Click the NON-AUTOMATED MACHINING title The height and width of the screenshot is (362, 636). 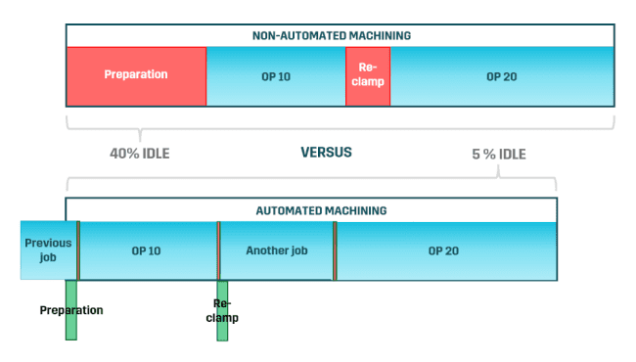point(340,35)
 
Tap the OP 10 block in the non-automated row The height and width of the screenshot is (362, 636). point(275,76)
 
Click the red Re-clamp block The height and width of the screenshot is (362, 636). point(368,76)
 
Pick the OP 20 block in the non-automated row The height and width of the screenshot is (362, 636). point(502,76)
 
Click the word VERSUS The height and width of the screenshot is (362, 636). point(326,153)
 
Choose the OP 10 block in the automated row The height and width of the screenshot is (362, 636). point(147,250)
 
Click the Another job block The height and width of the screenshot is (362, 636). point(276,250)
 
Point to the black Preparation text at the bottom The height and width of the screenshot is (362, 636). point(71,310)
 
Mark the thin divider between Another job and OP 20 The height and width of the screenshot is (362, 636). point(335,250)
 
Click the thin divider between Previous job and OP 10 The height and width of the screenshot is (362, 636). point(78,250)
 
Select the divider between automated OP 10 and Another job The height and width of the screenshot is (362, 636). point(218,250)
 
